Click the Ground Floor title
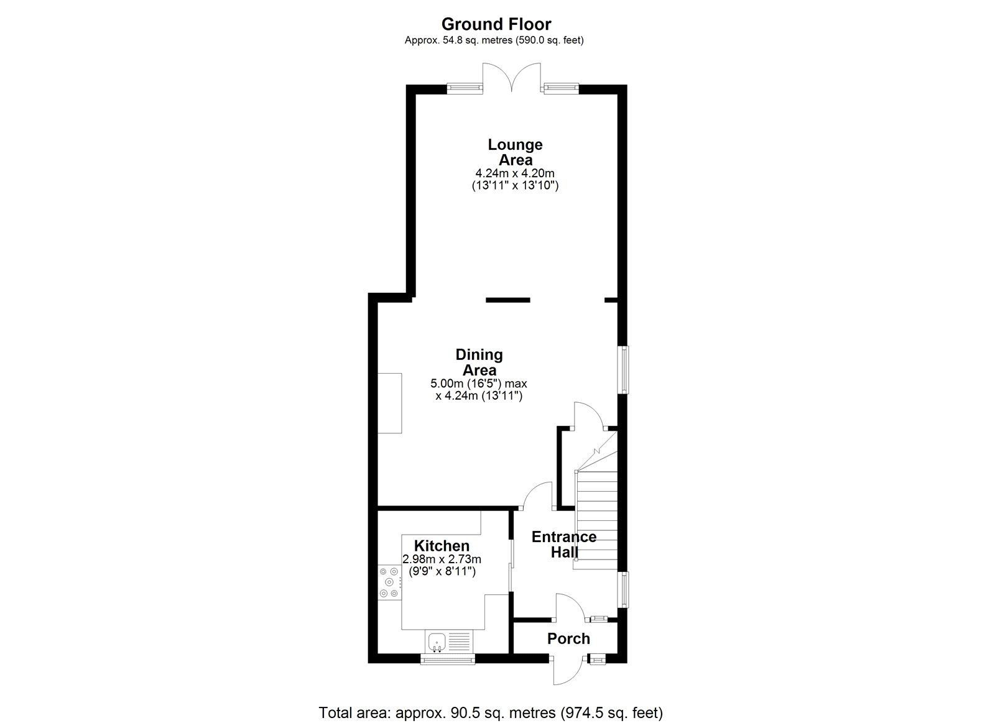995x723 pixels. click(496, 24)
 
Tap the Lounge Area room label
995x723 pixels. click(515, 152)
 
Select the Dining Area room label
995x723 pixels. click(479, 362)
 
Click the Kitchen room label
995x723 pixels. click(442, 546)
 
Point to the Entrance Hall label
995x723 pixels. click(564, 544)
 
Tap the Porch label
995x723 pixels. click(568, 638)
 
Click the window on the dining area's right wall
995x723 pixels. click(622, 369)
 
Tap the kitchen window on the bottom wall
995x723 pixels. click(448, 659)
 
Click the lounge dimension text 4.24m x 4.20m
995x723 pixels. click(515, 173)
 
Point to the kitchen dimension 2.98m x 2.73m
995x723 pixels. click(442, 560)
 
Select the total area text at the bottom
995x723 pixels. click(491, 712)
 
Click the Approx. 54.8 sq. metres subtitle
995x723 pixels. click(494, 40)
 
